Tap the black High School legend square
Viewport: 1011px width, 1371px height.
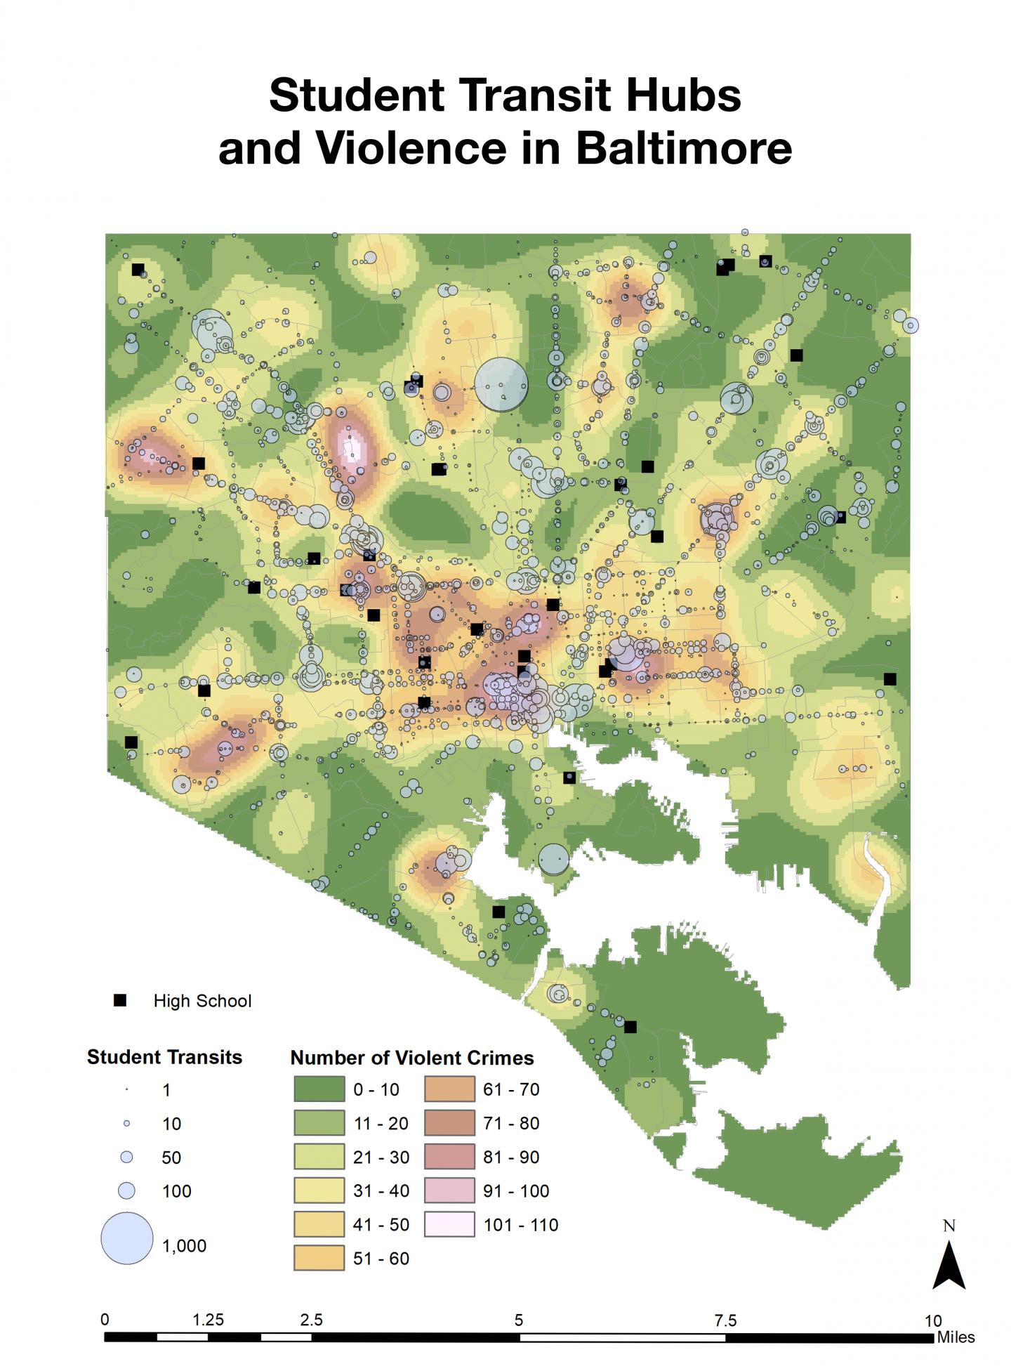[x=120, y=1000]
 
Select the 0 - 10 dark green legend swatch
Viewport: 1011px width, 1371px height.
[x=319, y=1089]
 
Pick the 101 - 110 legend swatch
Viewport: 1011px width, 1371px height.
[x=449, y=1224]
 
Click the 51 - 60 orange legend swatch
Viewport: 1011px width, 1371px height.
[x=319, y=1258]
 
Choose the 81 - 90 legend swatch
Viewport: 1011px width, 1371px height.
[x=449, y=1157]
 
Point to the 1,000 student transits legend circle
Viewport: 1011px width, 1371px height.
[x=127, y=1238]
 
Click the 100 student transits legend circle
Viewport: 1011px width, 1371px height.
[x=127, y=1190]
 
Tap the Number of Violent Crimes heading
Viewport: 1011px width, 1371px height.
[x=412, y=1058]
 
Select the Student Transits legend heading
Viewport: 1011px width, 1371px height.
[x=164, y=1057]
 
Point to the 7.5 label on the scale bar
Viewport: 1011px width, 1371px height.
[x=725, y=1320]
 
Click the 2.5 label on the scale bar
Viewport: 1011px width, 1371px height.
[x=311, y=1320]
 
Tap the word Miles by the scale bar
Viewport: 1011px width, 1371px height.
[x=956, y=1337]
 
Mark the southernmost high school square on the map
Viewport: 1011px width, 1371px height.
[x=630, y=1027]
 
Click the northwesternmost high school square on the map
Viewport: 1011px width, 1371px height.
[x=138, y=270]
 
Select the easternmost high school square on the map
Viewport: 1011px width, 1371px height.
[x=890, y=679]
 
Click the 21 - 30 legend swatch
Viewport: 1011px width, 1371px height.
[x=319, y=1157]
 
